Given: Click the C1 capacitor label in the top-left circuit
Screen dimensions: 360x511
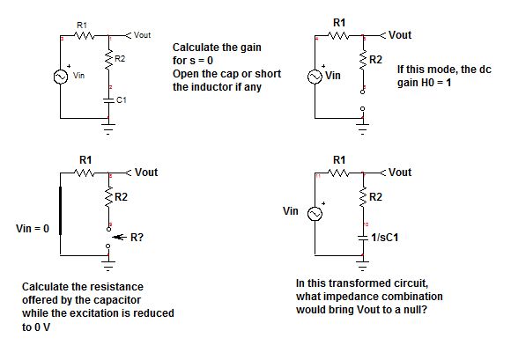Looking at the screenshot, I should coord(122,101).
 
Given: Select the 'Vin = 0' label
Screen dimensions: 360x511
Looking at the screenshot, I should coord(34,229).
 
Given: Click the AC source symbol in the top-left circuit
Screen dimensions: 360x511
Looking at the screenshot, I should coord(60,77).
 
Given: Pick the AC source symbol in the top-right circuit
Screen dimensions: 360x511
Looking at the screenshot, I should coord(315,76).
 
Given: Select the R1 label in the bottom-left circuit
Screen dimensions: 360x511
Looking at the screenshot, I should coord(85,159).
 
